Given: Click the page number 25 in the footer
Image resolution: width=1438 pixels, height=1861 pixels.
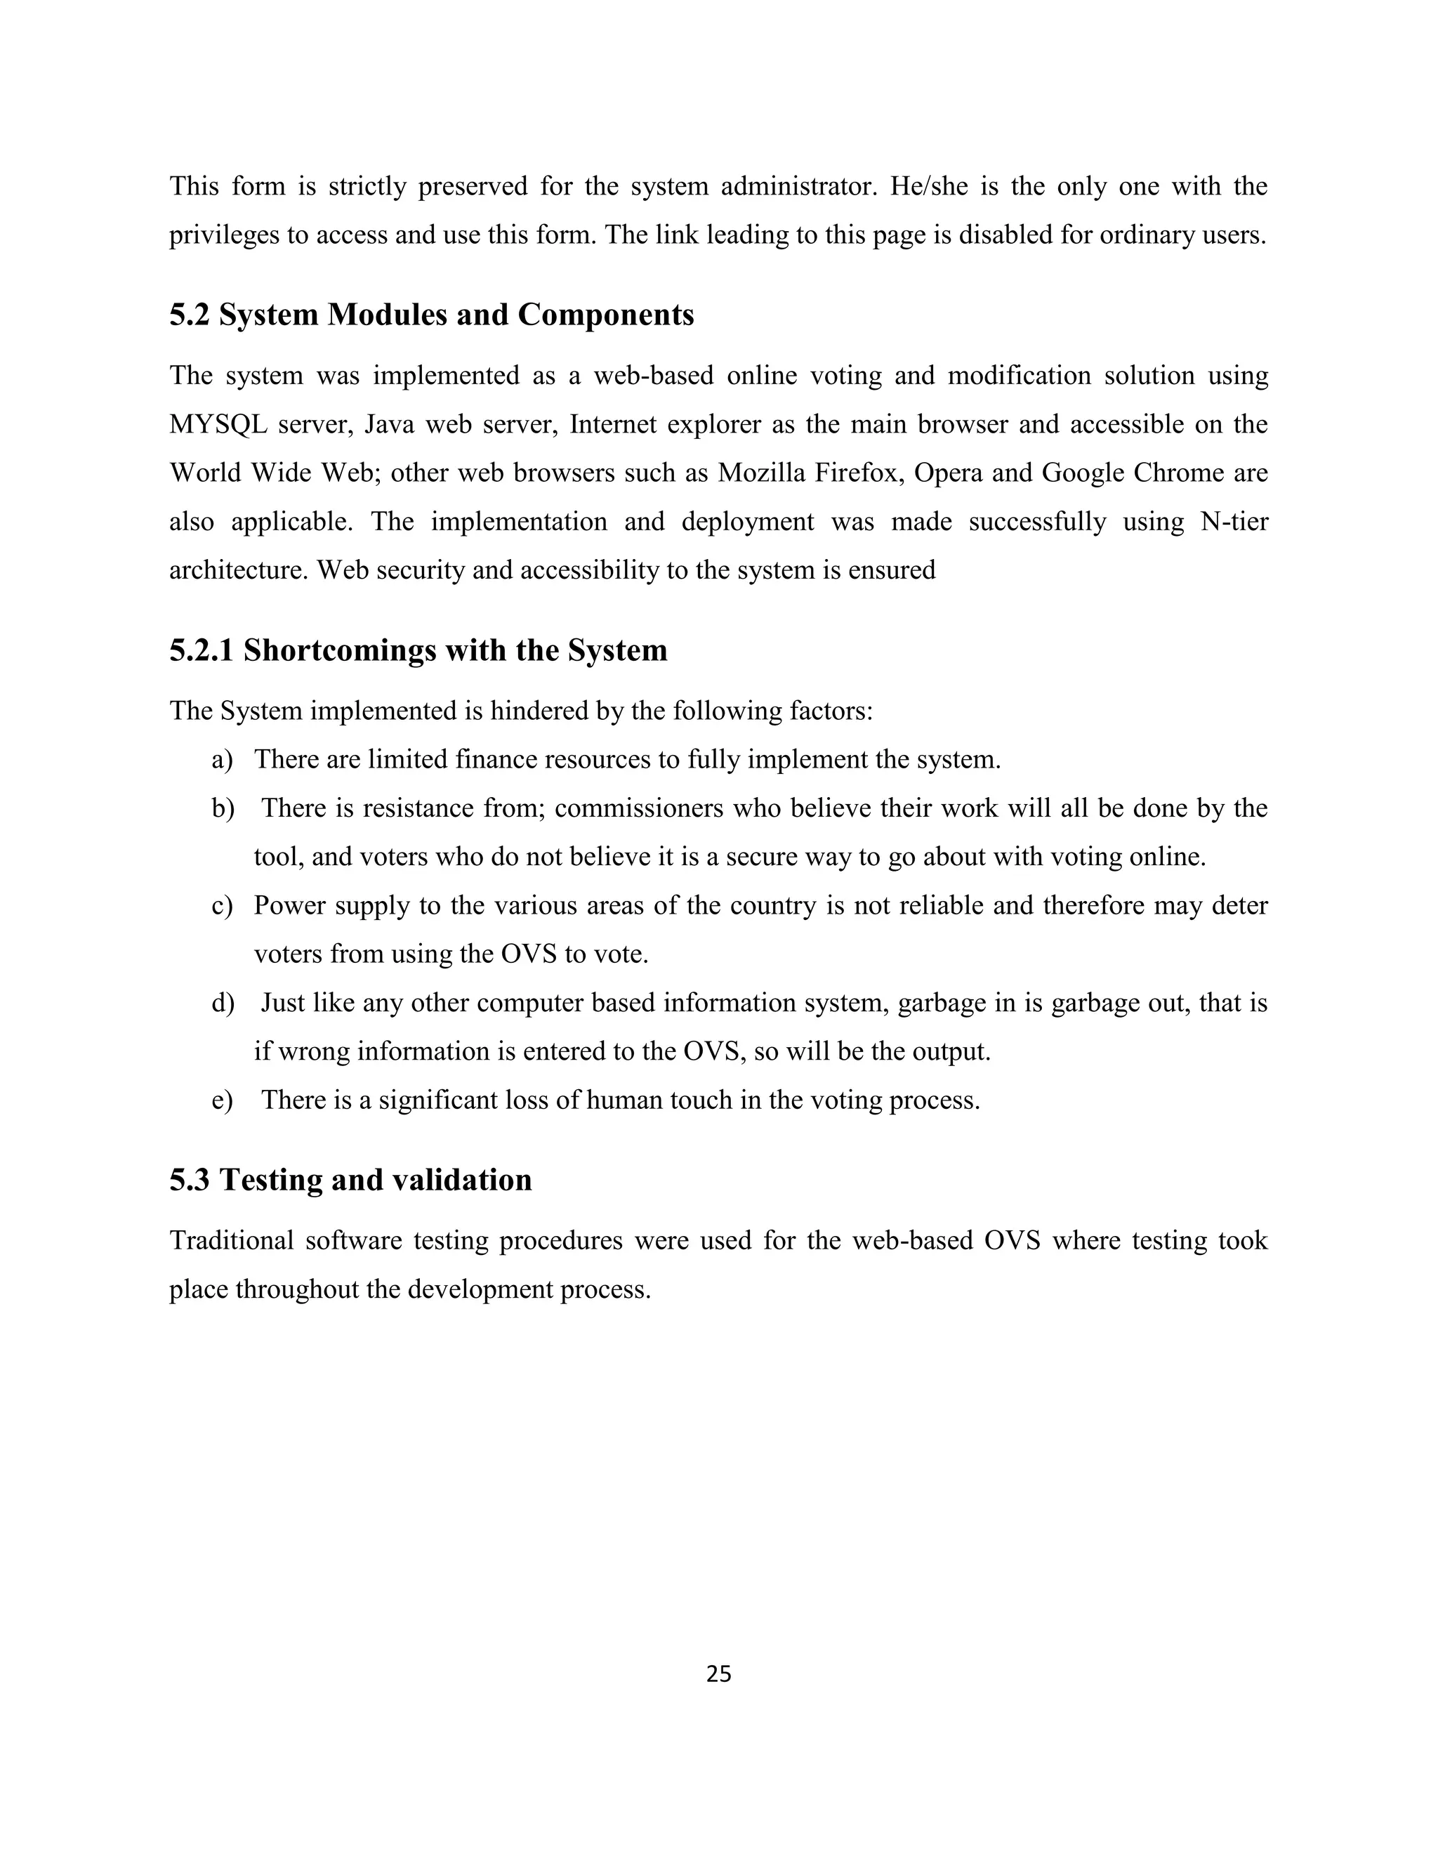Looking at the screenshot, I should coord(718,1673).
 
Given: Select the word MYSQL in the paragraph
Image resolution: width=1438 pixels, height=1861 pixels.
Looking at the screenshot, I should coord(218,424).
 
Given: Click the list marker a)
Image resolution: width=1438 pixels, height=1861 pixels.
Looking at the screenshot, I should coord(223,759).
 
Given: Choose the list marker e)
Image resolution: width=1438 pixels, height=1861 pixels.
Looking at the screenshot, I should coord(223,1100).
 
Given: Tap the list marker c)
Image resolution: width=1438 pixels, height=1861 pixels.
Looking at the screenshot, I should coord(223,905).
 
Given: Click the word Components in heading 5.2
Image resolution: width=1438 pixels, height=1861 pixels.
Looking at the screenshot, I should coord(606,315).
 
